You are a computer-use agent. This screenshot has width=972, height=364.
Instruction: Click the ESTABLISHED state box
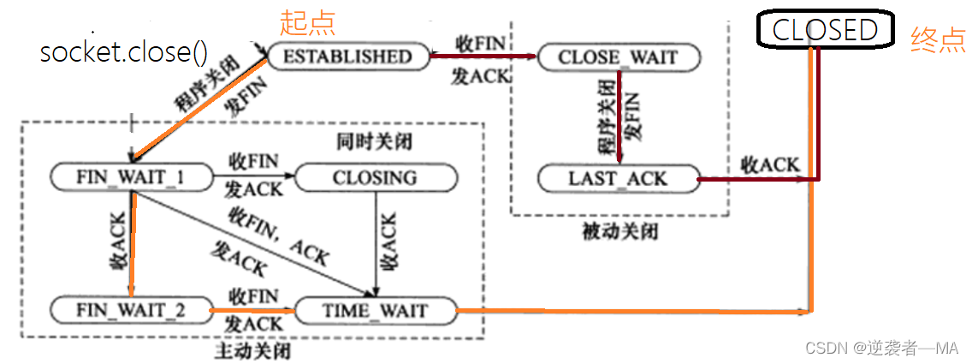[347, 57]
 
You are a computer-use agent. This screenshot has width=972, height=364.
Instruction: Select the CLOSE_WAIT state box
[617, 57]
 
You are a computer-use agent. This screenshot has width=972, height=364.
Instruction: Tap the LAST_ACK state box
[617, 179]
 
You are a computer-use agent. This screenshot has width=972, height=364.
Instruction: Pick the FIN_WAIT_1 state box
[131, 177]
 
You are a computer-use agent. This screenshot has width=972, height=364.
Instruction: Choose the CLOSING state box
[374, 177]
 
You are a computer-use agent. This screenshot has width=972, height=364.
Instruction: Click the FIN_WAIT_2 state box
[131, 309]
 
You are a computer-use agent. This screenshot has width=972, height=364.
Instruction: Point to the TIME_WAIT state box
[374, 309]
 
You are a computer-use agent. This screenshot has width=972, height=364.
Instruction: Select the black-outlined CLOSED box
[825, 30]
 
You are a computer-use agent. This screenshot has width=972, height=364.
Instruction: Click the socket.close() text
[124, 53]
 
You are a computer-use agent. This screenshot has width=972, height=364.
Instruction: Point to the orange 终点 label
[939, 39]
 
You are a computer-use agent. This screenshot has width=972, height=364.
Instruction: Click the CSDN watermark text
[882, 348]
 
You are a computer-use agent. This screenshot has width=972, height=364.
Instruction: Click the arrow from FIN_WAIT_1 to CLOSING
[252, 177]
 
